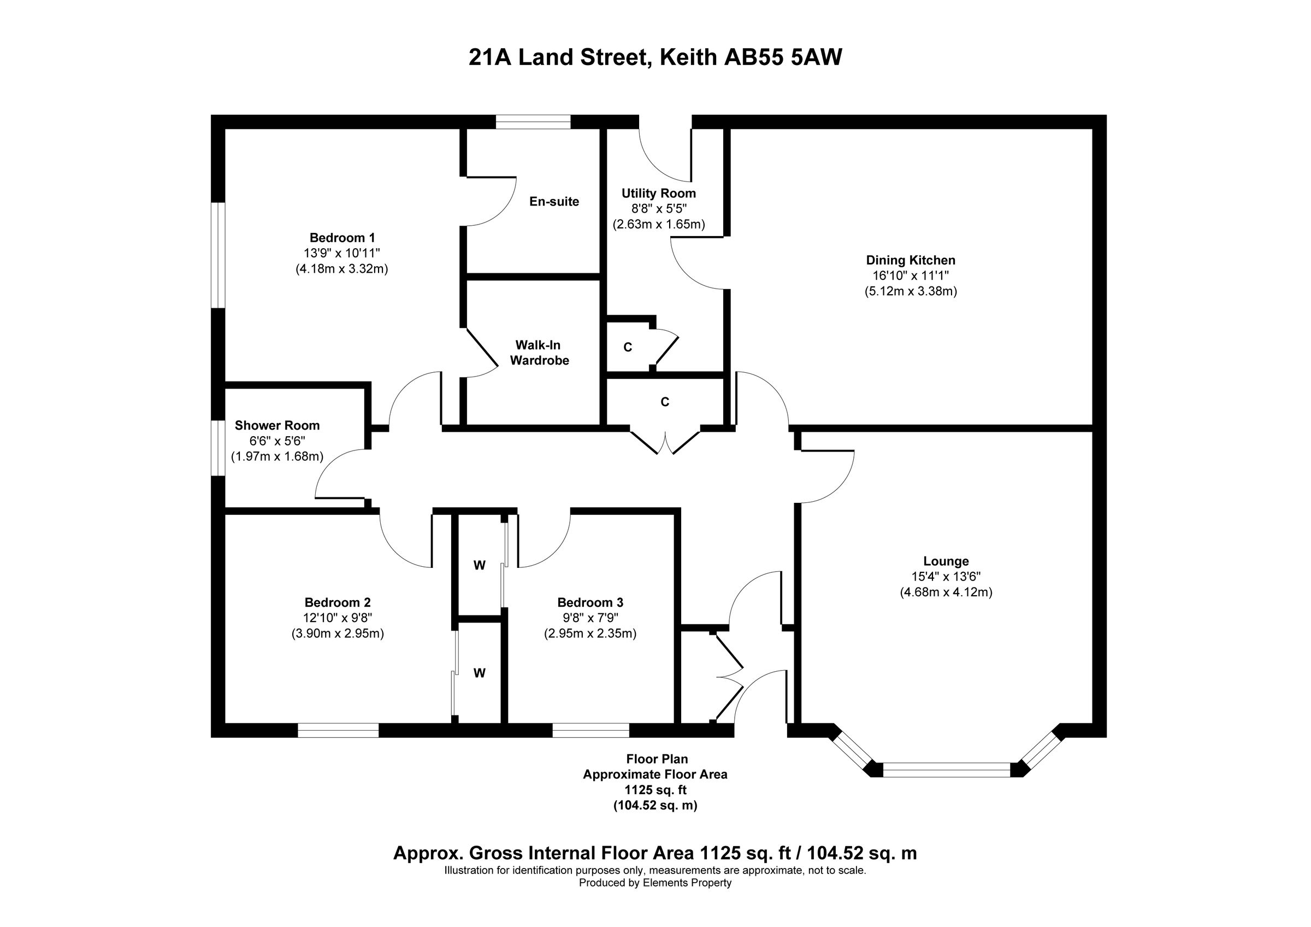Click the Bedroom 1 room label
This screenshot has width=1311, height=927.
(341, 238)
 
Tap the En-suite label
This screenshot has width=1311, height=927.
(554, 202)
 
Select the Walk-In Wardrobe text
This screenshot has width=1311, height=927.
(539, 353)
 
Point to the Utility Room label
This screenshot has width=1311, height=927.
(658, 193)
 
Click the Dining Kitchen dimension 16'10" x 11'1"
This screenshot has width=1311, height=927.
(910, 275)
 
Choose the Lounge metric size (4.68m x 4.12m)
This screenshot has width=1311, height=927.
(946, 592)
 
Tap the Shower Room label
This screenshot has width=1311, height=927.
(277, 426)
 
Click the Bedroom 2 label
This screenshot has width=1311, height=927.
(338, 602)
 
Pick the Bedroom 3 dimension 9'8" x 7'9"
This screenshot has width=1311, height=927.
(590, 618)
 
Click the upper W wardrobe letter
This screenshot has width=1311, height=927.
(479, 566)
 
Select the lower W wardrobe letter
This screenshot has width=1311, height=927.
(479, 673)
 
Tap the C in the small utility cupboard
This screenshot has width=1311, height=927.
(628, 347)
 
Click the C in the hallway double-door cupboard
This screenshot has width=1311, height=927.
(665, 402)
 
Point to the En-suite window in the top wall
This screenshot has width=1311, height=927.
(533, 122)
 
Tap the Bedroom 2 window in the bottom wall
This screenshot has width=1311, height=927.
(338, 731)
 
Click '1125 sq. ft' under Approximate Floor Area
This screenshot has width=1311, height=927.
(655, 790)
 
